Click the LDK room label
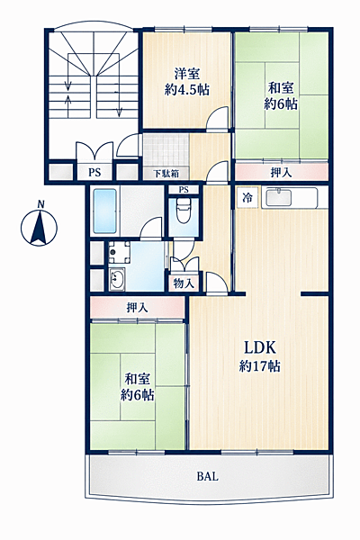pyautogui.click(x=260, y=356)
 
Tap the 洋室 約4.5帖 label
pyautogui.click(x=186, y=82)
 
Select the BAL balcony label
pyautogui.click(x=207, y=477)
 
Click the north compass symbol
pyautogui.click(x=39, y=225)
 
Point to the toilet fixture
pyautogui.click(x=184, y=211)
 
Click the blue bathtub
pyautogui.click(x=104, y=211)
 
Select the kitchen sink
pyautogui.click(x=279, y=198)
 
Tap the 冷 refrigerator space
pyautogui.click(x=247, y=198)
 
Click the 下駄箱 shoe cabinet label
pyautogui.click(x=166, y=173)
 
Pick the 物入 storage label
pyautogui.click(x=184, y=283)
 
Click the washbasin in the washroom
pyautogui.click(x=117, y=278)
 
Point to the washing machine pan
pyautogui.click(x=119, y=252)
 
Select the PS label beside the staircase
pyautogui.click(x=94, y=172)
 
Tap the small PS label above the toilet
pyautogui.click(x=184, y=189)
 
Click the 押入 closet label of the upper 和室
pyautogui.click(x=282, y=173)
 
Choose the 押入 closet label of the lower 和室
pyautogui.click(x=138, y=308)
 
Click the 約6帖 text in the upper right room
pyautogui.click(x=281, y=103)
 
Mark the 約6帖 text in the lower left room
pyautogui.click(x=137, y=394)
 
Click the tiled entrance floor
pyautogui.click(x=166, y=150)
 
